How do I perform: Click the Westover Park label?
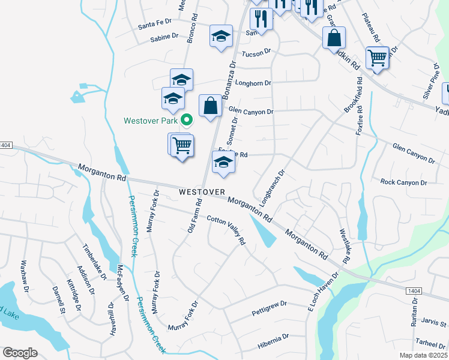151,121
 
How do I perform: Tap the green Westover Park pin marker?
187,121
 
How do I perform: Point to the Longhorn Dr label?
253,83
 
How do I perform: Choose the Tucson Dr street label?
256,54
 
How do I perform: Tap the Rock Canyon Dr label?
403,182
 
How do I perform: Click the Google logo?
20,353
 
